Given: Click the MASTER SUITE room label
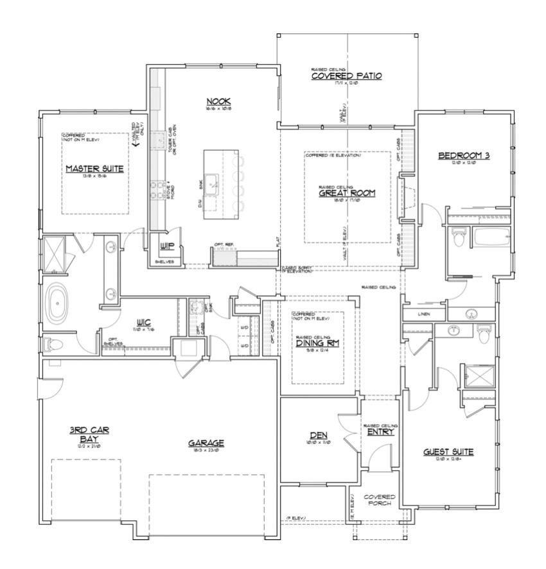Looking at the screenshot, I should (x=94, y=169).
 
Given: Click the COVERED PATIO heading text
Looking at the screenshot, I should (x=346, y=76).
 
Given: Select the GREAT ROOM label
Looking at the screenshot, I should (x=347, y=192).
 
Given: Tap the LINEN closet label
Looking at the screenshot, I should (x=423, y=314).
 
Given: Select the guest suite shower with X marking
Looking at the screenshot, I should (x=477, y=375).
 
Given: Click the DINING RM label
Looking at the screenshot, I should (x=317, y=343).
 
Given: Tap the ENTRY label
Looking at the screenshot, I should (x=381, y=432).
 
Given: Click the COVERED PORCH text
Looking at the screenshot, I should (x=380, y=501).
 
